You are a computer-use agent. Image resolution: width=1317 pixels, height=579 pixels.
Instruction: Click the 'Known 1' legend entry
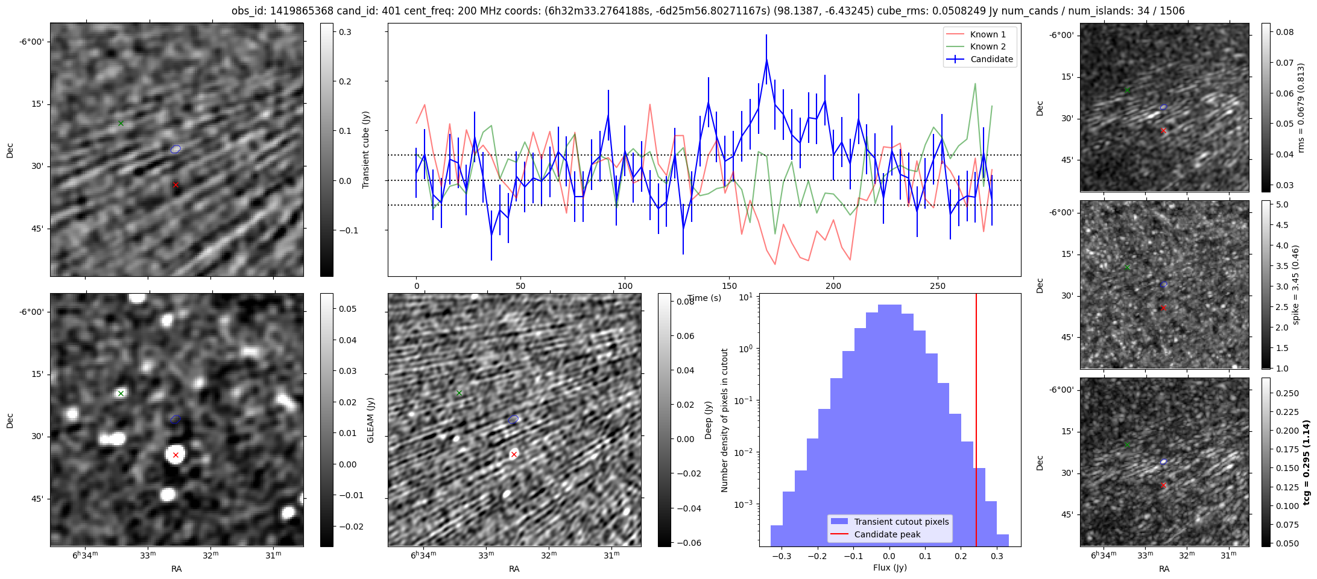click(988, 34)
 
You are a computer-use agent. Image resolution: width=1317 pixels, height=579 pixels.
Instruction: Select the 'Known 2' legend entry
click(988, 46)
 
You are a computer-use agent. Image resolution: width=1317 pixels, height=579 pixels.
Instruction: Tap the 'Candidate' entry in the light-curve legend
click(991, 59)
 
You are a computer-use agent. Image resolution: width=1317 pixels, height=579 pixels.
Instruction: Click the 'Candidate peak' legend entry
click(887, 534)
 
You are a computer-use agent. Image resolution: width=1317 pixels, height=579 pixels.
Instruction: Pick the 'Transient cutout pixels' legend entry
click(901, 522)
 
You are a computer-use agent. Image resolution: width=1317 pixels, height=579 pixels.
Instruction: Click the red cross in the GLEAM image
click(175, 455)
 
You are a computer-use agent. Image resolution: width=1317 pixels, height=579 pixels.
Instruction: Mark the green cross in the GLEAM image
click(121, 393)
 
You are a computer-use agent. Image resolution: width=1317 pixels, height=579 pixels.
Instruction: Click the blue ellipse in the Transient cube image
click(175, 149)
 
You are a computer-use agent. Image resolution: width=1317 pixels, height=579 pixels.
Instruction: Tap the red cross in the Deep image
click(514, 454)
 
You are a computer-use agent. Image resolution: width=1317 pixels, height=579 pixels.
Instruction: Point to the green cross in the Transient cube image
click(121, 123)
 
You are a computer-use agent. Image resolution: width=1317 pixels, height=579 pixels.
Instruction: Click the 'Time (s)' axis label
click(704, 298)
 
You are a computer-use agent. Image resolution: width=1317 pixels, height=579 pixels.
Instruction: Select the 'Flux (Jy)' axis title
click(889, 568)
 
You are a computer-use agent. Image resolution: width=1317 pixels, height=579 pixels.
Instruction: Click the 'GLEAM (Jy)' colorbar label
click(370, 420)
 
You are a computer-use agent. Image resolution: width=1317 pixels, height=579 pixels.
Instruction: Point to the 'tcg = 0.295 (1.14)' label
click(1306, 462)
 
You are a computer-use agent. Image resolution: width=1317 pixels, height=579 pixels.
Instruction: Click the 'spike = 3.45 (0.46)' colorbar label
click(1295, 285)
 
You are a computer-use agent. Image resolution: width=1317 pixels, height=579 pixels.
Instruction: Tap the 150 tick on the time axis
click(729, 286)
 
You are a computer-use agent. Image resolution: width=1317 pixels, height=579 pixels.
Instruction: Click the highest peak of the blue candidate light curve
click(766, 60)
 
